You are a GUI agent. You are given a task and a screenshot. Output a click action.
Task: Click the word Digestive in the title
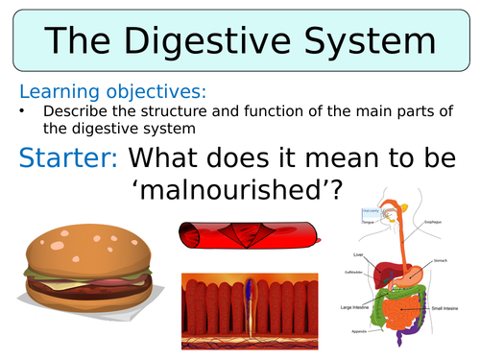point(236,42)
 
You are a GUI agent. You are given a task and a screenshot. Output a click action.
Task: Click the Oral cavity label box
point(371,211)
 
